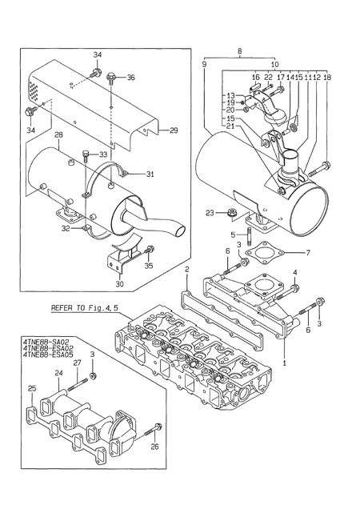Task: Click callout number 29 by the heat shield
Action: [x=173, y=130]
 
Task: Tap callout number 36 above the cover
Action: [x=131, y=78]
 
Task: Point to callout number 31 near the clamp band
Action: [x=149, y=174]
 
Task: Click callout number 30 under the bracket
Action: [x=121, y=283]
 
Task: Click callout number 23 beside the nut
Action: [x=210, y=214]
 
